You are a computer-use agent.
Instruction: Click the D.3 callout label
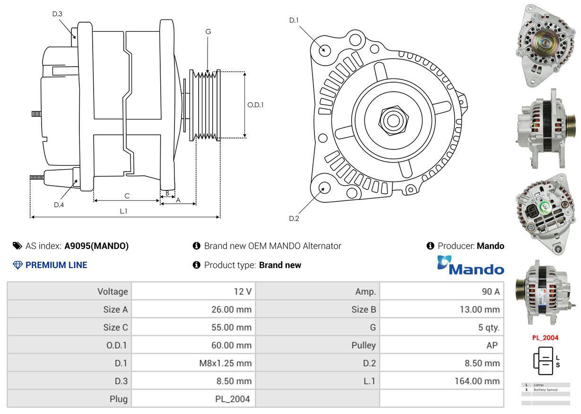pyautogui.click(x=57, y=14)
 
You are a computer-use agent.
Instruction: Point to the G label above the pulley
pyautogui.click(x=208, y=32)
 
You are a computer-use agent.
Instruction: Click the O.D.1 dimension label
pyautogui.click(x=255, y=105)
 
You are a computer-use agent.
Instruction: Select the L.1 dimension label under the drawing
pyautogui.click(x=123, y=211)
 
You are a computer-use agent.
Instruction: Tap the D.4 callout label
pyautogui.click(x=59, y=205)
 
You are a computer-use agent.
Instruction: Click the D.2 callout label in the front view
pyautogui.click(x=294, y=218)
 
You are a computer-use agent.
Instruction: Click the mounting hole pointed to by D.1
pyautogui.click(x=324, y=50)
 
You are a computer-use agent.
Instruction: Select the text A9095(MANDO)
pyautogui.click(x=96, y=246)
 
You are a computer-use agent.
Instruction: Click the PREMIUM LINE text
pyautogui.click(x=56, y=265)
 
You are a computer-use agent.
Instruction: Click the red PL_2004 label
pyautogui.click(x=545, y=337)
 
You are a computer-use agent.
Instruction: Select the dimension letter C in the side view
pyautogui.click(x=127, y=196)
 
